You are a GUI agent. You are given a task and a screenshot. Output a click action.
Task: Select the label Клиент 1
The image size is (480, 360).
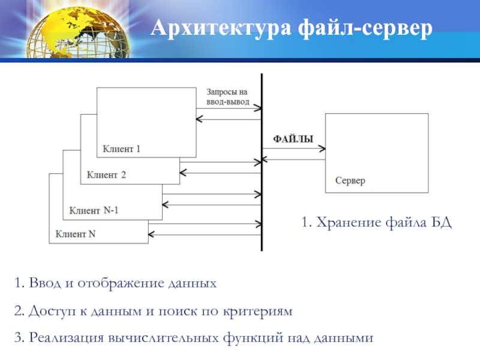tap(122, 148)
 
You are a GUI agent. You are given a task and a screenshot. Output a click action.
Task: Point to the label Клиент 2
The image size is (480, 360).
tap(106, 175)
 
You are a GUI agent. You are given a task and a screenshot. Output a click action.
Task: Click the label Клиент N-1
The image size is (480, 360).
tap(94, 211)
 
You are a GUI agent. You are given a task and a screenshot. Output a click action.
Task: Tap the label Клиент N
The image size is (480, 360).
tap(76, 234)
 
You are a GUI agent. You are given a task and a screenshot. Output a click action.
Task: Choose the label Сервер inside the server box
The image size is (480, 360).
tap(350, 181)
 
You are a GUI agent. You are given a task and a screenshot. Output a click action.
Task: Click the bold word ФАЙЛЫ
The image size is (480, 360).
tap(293, 139)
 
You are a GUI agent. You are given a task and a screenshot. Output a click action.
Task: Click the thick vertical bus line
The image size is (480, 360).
tap(262, 162)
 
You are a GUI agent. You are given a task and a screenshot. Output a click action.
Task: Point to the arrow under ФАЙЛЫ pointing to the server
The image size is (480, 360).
tap(294, 148)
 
